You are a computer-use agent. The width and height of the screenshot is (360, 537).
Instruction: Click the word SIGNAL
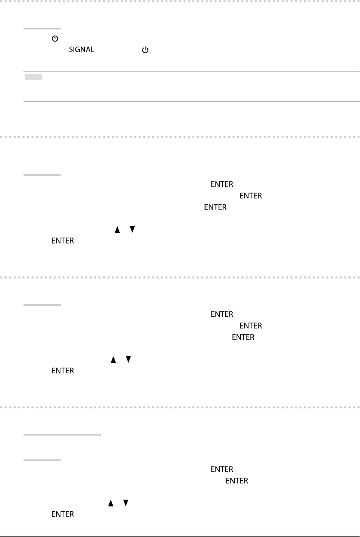(82, 50)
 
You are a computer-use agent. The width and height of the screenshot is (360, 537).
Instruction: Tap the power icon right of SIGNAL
(145, 50)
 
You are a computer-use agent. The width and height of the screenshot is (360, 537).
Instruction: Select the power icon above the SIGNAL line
(55, 38)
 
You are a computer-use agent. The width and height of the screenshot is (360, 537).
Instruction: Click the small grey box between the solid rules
(33, 77)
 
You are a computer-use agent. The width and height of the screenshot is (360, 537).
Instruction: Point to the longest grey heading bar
(62, 434)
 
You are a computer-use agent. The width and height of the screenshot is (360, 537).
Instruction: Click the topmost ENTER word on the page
(222, 184)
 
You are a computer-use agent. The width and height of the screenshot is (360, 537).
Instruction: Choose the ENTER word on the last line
(63, 514)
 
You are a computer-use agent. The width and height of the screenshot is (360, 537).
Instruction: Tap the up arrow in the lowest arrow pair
(110, 503)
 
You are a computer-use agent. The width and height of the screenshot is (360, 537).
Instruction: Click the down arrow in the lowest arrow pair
(126, 503)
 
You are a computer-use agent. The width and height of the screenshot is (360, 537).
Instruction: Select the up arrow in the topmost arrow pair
(117, 230)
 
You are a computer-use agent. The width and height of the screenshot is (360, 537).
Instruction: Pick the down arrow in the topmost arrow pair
(132, 230)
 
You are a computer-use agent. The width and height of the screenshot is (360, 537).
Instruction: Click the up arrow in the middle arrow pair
(113, 359)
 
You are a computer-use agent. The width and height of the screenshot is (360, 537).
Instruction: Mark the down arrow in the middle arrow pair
(128, 359)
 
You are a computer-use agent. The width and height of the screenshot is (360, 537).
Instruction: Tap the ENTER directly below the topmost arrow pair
(63, 241)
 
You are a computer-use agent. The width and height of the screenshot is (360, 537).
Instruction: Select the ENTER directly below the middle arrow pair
(63, 371)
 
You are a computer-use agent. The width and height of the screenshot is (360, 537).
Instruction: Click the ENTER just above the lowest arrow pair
(237, 481)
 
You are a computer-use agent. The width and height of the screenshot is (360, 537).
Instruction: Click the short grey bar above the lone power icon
(42, 28)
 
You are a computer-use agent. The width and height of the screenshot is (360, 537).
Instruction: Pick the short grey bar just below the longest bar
(42, 460)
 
